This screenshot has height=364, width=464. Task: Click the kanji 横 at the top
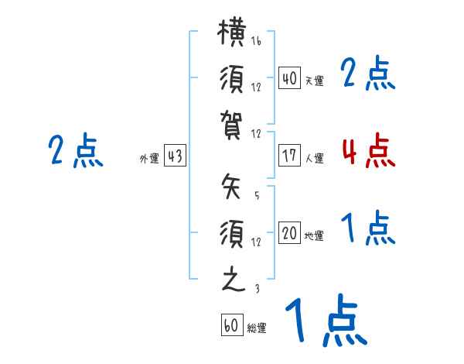pos(232,33)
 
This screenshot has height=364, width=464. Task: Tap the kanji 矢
pos(231,186)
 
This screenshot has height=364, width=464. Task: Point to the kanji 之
pos(234,279)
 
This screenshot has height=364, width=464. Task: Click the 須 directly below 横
pos(232,79)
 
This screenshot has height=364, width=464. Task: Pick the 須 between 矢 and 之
pos(232,234)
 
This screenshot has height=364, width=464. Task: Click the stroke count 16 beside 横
pos(256,41)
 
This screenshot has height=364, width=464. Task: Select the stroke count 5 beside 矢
pos(257,195)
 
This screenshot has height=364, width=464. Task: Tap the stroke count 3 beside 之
pos(258,288)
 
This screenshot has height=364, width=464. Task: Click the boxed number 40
pos(289,77)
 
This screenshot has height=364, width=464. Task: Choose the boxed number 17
pos(289,156)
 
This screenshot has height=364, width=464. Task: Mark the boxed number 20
pos(289,232)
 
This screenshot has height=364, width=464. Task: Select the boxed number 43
pos(175,156)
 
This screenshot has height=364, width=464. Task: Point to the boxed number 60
pos(232,325)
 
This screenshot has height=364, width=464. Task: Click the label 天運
pos(315,81)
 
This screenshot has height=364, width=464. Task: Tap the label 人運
pos(315,158)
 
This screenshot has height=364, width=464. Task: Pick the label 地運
pos(314,236)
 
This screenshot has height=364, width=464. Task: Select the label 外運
pos(149,159)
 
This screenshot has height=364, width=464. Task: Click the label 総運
pos(257,328)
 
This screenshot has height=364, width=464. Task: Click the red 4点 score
pos(369,150)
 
